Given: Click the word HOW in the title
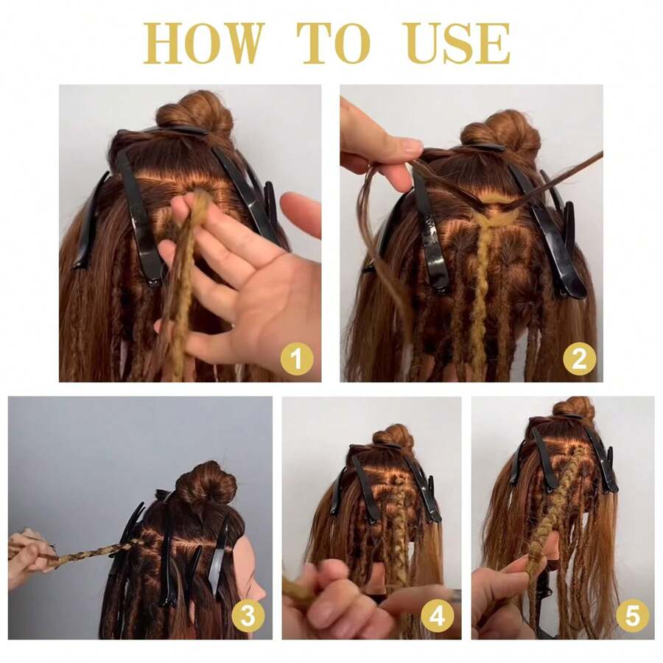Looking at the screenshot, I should [x=203, y=43].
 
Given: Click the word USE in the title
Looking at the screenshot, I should [x=457, y=43].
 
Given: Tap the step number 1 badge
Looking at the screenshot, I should [x=297, y=359].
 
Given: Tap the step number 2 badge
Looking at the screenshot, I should [x=579, y=359].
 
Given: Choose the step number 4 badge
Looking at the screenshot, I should [x=437, y=615].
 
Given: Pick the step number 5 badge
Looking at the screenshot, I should [x=633, y=615].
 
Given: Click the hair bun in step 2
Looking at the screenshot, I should [x=500, y=130].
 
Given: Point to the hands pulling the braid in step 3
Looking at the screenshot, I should [x=29, y=556].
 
